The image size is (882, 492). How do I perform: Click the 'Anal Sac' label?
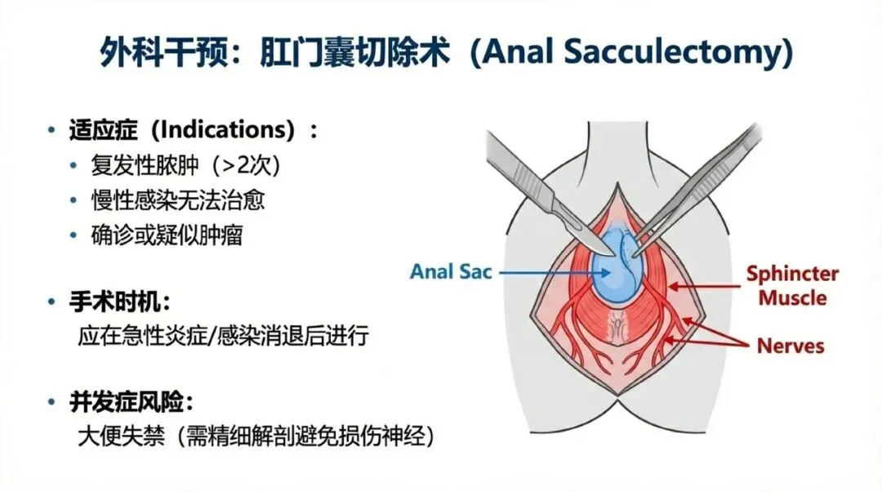coord(452,271)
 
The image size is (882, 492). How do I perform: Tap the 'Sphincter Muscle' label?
coord(791,285)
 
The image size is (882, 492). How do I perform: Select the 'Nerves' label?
coord(790,345)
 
